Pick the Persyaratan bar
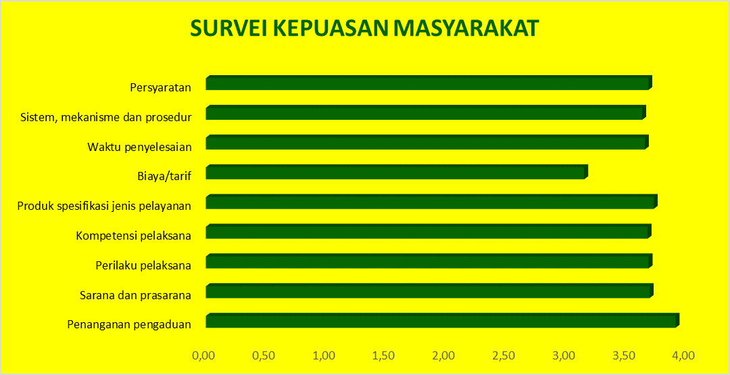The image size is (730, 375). tap(427, 83)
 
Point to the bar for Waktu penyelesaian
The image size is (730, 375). tap(426, 143)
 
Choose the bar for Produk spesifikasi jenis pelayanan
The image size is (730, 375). tap(430, 202)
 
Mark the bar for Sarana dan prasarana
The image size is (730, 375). tap(428, 292)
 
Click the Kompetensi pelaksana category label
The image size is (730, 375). tap(134, 236)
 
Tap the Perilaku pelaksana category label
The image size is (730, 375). tap(143, 265)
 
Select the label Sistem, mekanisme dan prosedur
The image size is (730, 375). tap(106, 116)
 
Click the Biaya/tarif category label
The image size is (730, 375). tap(164, 177)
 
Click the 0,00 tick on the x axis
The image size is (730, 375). tap(205, 355)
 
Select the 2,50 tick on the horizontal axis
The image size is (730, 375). tap(504, 355)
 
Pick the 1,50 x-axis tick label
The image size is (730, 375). tap(385, 355)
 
